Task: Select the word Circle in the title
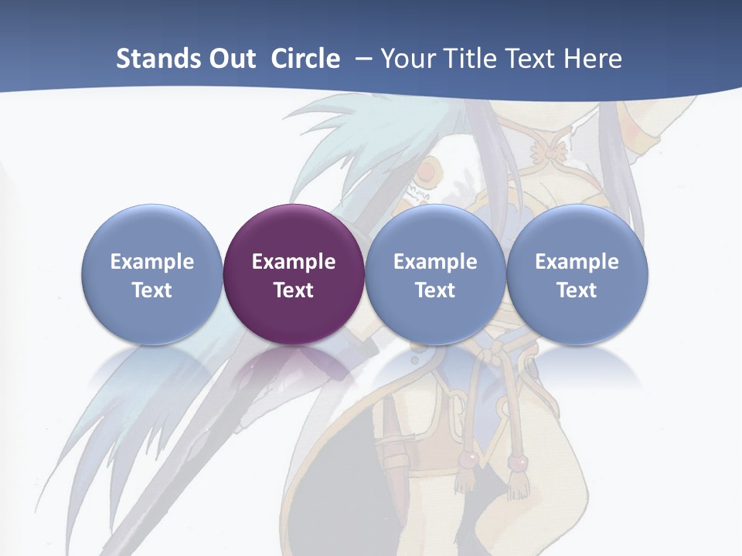coord(305,59)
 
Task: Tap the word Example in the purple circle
coord(294,262)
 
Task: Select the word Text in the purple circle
coord(294,290)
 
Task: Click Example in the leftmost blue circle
coord(152,262)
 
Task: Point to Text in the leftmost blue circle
coord(152,290)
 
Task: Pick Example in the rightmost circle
coord(577,262)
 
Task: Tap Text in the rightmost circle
coord(577,290)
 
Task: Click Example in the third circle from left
coord(435,262)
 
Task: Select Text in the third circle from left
coord(435,290)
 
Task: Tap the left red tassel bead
coord(467,461)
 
